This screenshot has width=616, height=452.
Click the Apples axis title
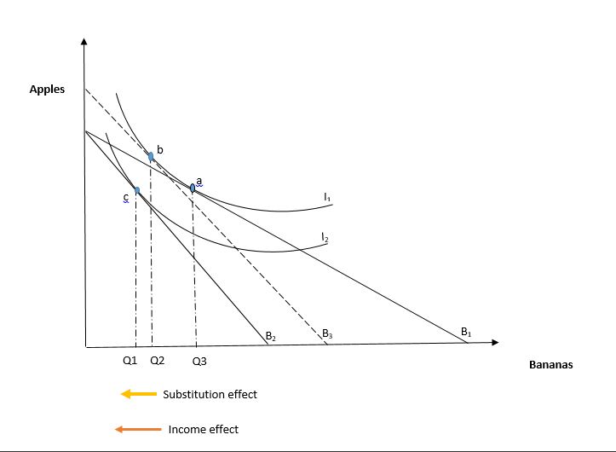tap(47, 90)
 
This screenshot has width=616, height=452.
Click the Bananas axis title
tap(550, 365)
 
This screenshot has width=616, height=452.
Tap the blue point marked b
tap(151, 156)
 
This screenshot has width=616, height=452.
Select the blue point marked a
tap(193, 188)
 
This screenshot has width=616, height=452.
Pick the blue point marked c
tap(136, 189)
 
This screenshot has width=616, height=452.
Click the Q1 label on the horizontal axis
tap(130, 361)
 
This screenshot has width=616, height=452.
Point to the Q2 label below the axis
tap(157, 361)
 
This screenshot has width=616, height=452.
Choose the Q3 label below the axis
tap(199, 362)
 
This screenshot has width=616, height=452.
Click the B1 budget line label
tap(466, 332)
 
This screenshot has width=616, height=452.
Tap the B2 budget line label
tap(270, 337)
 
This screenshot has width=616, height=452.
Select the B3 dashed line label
tap(326, 334)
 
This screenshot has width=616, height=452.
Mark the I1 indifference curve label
tap(327, 197)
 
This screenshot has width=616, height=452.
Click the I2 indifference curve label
tap(325, 235)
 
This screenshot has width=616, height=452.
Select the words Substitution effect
tap(210, 395)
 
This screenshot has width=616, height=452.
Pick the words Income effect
tap(204, 430)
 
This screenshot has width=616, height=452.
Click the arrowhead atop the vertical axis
tap(84, 41)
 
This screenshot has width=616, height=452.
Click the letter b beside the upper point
tap(158, 149)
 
